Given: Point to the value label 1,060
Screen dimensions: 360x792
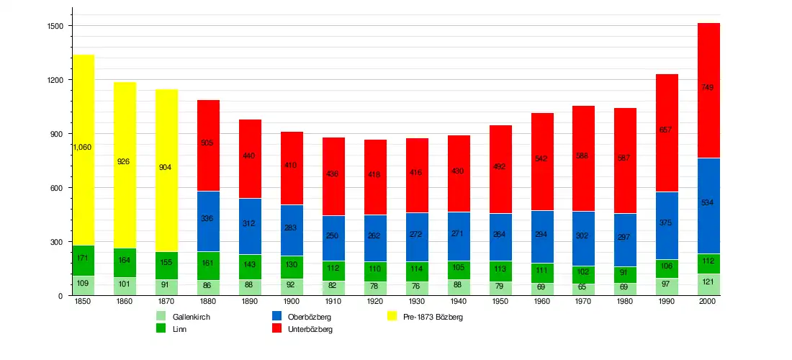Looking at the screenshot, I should click(x=82, y=147).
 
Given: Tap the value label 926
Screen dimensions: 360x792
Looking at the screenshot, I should click(x=123, y=161).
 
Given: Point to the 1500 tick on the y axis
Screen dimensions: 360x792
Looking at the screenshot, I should click(x=55, y=26).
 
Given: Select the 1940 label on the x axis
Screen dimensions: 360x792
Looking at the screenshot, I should click(x=459, y=302).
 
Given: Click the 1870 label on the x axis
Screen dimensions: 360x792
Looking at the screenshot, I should click(x=166, y=302).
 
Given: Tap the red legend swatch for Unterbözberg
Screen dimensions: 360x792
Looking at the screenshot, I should click(x=276, y=328).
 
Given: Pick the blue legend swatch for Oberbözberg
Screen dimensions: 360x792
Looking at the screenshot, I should click(x=276, y=316).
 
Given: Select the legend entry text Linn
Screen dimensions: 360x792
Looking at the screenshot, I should click(x=179, y=329).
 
